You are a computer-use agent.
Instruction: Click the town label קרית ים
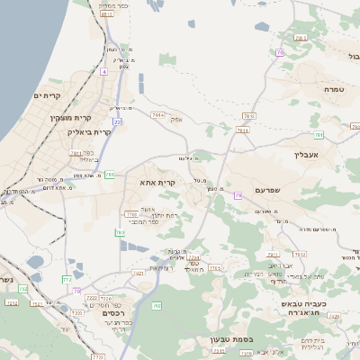46,96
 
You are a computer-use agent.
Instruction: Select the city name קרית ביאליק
89,132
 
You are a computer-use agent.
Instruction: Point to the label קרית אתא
157,183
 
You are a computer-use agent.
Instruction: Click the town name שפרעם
268,190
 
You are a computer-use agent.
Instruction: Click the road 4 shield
103,70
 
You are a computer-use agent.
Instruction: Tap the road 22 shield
117,121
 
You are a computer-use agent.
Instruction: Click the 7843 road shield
248,116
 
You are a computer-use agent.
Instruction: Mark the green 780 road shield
110,174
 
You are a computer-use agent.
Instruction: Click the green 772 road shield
67,280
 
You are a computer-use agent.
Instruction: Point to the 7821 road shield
139,273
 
